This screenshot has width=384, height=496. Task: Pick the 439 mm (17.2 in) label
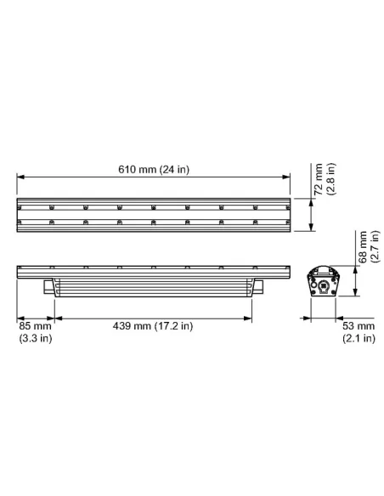click(155, 326)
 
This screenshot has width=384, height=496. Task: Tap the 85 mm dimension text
click(35, 326)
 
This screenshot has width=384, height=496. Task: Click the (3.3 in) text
click(35, 339)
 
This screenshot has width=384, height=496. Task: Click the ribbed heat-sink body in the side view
click(153, 286)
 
